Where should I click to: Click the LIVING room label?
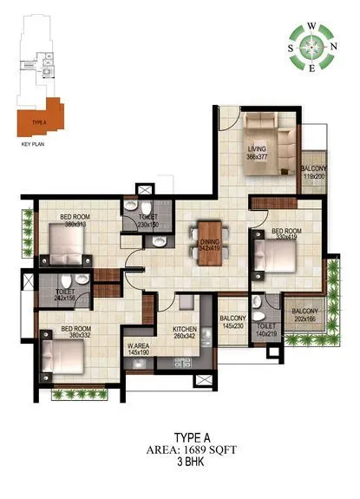(257, 149)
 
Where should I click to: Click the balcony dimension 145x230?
(233, 325)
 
